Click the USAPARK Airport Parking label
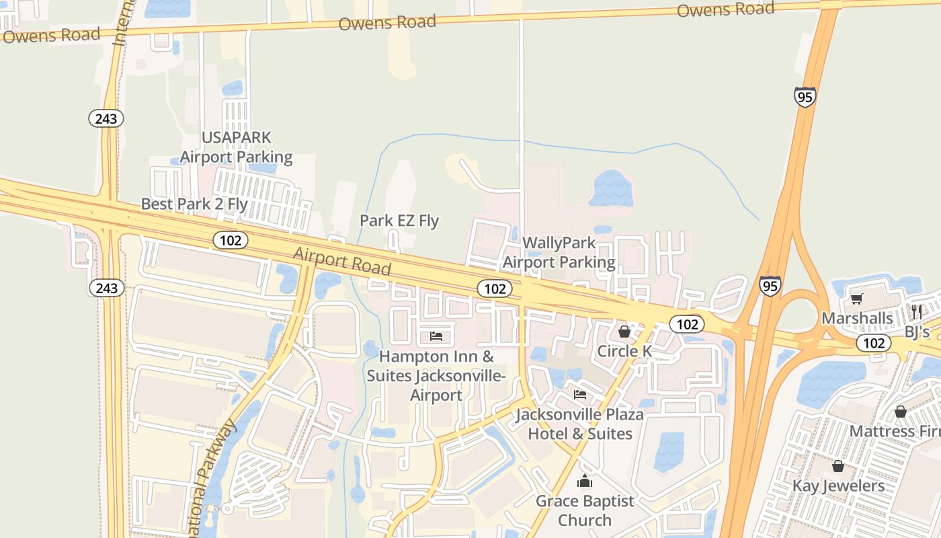pos(237,147)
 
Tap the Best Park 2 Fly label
pos(194,204)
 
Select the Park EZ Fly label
pos(399,221)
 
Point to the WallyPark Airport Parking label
pos(559,252)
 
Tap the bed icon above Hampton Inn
pos(436,336)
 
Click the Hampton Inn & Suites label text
pos(436,375)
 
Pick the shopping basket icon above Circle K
pos(624,331)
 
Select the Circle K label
pos(624,351)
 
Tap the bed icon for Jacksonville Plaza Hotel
pos(580,395)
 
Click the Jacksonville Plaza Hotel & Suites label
pos(580,424)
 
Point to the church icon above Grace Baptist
pos(585,482)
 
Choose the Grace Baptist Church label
pos(585,510)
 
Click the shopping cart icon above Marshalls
pos(856,299)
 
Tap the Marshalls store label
pos(857,318)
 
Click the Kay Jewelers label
pos(838,486)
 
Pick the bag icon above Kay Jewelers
pos(838,465)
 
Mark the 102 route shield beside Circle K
pos(687,324)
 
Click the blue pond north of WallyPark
pos(610,188)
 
